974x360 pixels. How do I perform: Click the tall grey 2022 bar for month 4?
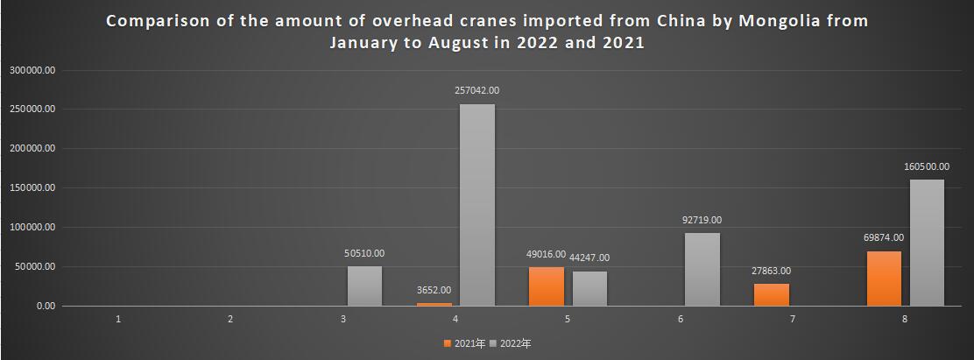tap(477, 205)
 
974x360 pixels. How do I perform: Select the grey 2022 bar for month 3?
tap(364, 286)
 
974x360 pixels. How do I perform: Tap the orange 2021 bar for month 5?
tap(547, 286)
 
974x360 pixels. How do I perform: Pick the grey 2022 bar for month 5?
tap(589, 288)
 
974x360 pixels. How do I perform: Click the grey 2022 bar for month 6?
tap(702, 269)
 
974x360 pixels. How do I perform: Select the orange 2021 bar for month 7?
tap(772, 295)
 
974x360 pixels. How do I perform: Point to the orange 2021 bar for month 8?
tap(884, 279)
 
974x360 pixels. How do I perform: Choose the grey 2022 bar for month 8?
tap(927, 243)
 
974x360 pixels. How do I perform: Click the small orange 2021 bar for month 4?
tap(434, 304)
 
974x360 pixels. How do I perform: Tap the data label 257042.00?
tap(477, 90)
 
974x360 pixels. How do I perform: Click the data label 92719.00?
tap(702, 220)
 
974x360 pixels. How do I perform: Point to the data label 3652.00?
tap(434, 290)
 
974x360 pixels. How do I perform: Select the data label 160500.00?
tap(927, 166)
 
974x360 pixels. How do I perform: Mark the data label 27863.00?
tap(772, 271)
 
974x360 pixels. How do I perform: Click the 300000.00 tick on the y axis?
tap(32, 70)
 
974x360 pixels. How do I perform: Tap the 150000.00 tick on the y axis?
tap(32, 188)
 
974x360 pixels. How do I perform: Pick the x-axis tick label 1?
tap(118, 319)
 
